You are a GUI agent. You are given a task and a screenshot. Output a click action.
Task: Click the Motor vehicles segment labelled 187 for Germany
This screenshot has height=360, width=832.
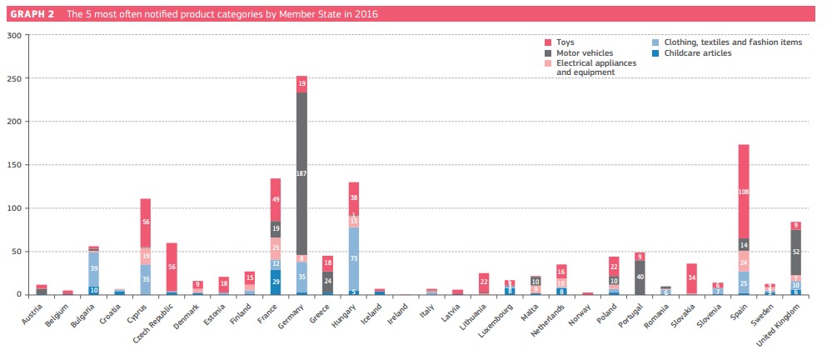click(x=301, y=172)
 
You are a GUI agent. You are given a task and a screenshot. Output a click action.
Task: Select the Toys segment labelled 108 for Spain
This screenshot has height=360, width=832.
click(x=744, y=191)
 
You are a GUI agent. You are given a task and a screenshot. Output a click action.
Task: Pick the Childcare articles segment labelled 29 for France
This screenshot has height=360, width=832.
click(x=275, y=282)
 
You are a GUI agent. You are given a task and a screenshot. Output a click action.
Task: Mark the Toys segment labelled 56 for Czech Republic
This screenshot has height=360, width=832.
click(x=171, y=267)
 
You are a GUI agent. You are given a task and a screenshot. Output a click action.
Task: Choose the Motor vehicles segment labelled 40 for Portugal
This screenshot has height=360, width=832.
click(x=640, y=277)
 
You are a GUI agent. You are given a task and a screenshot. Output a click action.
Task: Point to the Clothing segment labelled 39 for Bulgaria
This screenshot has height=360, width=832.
click(x=94, y=268)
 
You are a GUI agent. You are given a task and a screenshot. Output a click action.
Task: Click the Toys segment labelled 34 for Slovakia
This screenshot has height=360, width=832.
click(x=692, y=277)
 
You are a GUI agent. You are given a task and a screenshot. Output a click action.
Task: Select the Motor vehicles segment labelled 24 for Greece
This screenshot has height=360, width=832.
click(x=328, y=282)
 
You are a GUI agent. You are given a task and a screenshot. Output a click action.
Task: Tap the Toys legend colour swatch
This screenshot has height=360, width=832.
click(x=547, y=42)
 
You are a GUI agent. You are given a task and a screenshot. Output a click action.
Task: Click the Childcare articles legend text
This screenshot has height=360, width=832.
click(x=698, y=52)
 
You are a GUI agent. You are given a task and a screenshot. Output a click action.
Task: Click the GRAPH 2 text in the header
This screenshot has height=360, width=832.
click(x=33, y=13)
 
